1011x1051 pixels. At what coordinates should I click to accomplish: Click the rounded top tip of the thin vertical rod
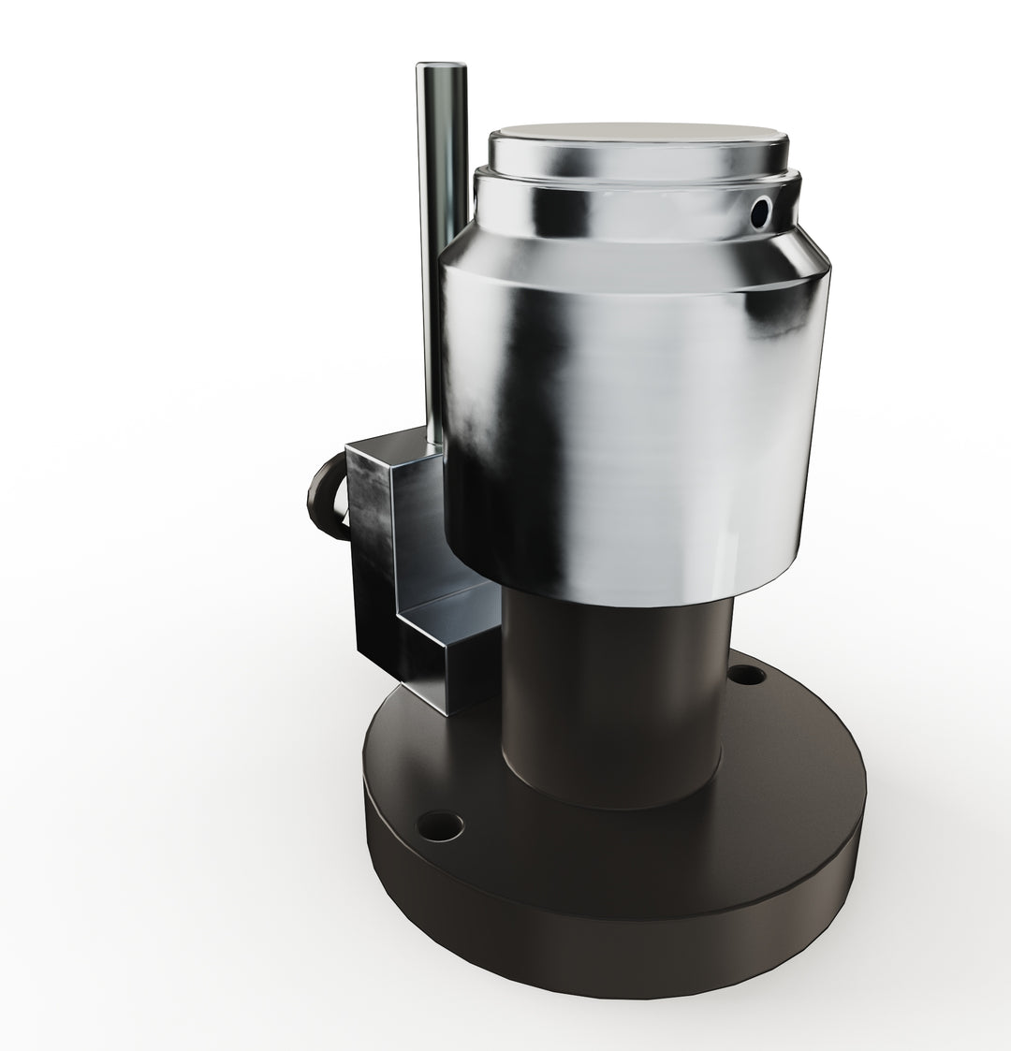coord(442,66)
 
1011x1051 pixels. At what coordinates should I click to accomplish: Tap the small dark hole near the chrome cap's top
coord(761,212)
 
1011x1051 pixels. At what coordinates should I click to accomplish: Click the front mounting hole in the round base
coord(439,825)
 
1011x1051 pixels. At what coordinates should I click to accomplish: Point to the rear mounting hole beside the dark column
coord(746,673)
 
